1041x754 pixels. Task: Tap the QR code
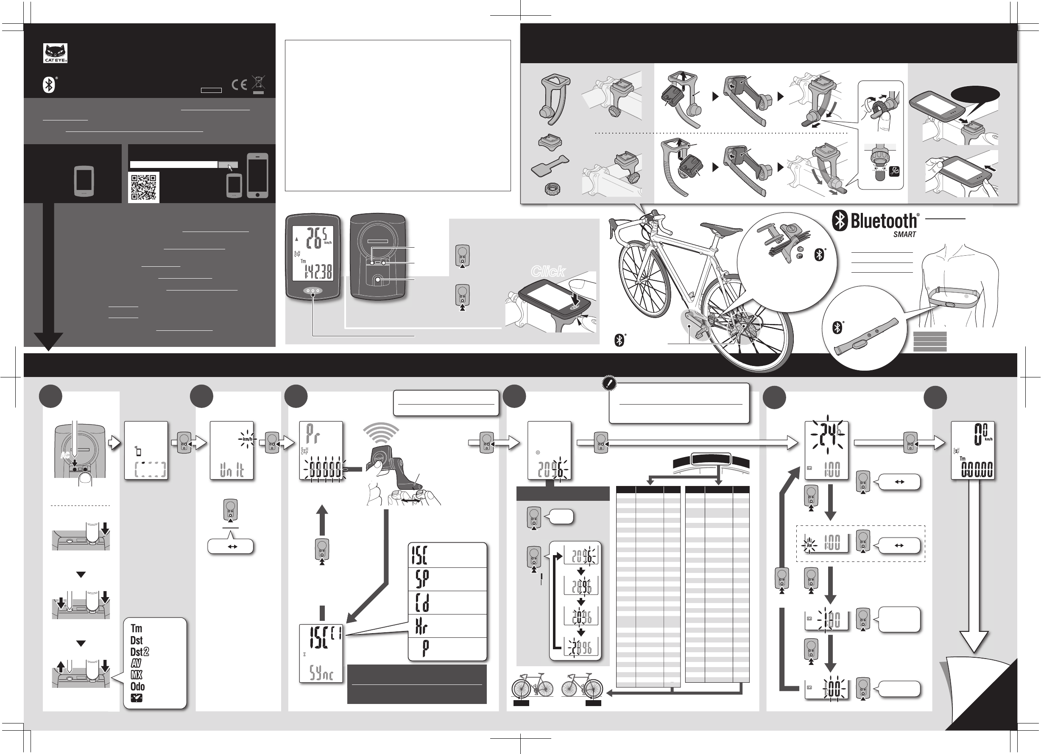[x=144, y=187]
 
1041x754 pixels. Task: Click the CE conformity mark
[x=239, y=85]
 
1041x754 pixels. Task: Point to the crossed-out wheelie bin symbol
[x=258, y=84]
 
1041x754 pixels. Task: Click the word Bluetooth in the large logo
[x=883, y=221]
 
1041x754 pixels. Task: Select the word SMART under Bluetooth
[x=904, y=235]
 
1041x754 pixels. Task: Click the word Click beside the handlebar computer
[x=548, y=271]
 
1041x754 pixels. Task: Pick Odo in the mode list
[x=137, y=687]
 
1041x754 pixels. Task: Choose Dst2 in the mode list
[x=139, y=652]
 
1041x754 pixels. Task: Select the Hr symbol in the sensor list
[x=421, y=626]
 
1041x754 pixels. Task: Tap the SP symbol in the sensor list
[x=422, y=579]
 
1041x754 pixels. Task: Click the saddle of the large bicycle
[x=722, y=228]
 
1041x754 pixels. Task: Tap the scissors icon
[x=894, y=172]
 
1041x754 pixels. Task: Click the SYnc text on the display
[x=321, y=673]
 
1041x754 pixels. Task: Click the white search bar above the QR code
[x=173, y=165]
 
